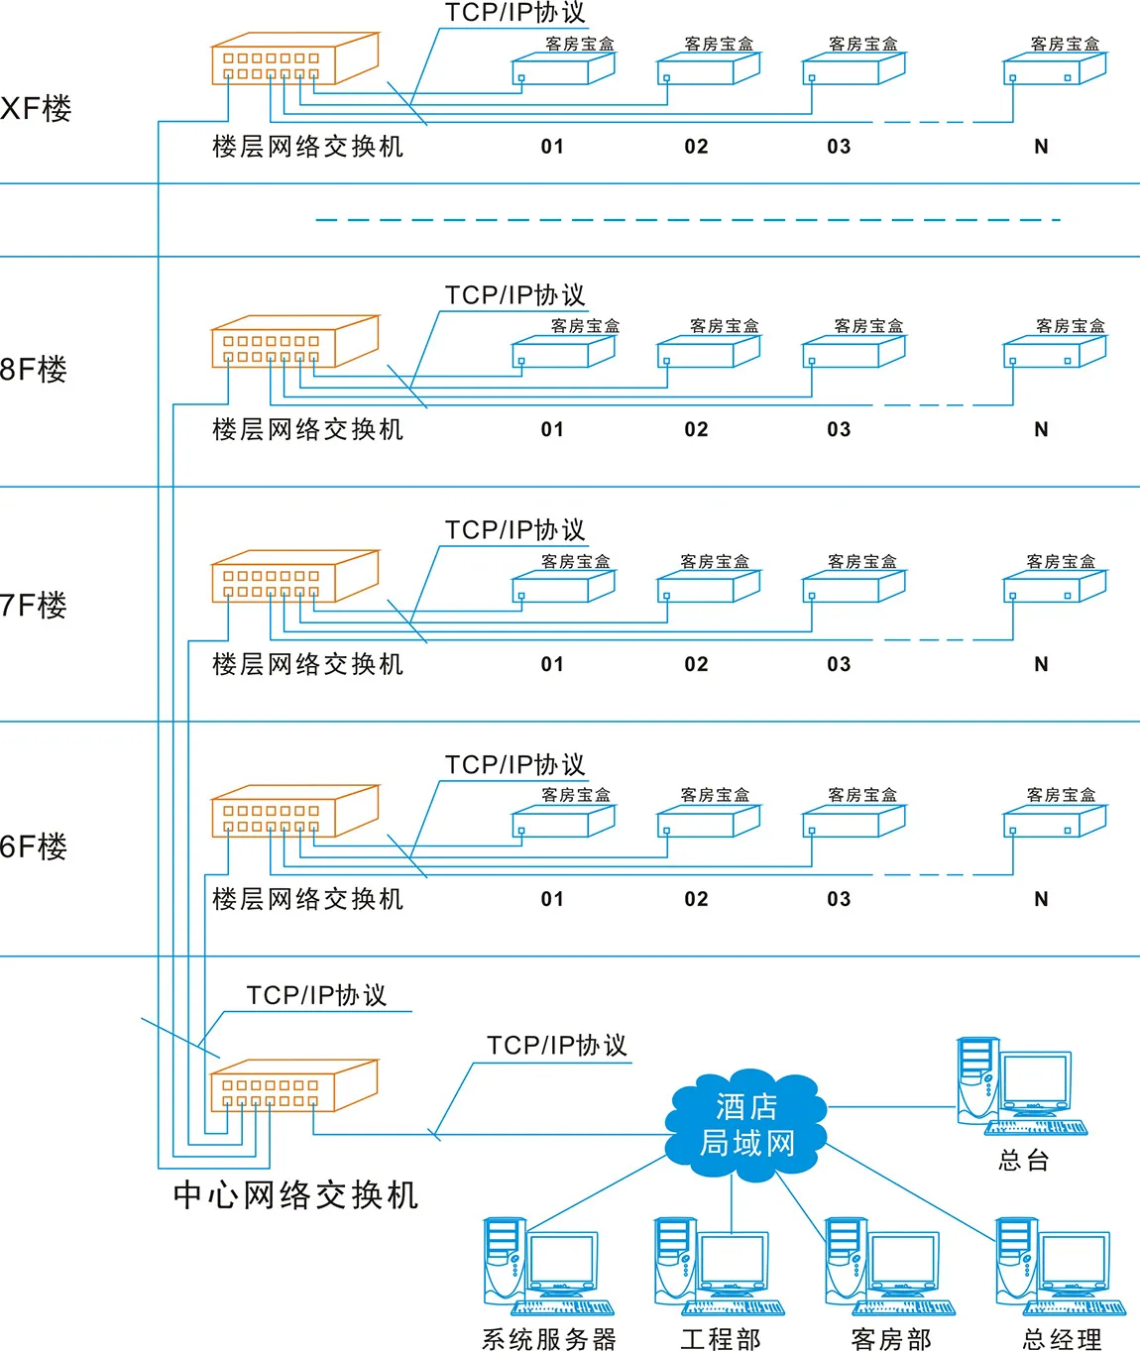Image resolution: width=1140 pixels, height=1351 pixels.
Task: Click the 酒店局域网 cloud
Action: pyautogui.click(x=746, y=1125)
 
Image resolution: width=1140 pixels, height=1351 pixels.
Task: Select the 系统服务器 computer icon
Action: pyautogui.click(x=546, y=1266)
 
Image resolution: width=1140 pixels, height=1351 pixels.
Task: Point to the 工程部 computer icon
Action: pyautogui.click(x=718, y=1266)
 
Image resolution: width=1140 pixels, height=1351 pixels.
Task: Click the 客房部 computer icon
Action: pyautogui.click(x=889, y=1266)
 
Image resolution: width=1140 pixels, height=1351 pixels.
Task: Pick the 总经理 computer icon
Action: pyautogui.click(x=1060, y=1266)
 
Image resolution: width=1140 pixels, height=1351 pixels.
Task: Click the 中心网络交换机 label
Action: pyautogui.click(x=295, y=1195)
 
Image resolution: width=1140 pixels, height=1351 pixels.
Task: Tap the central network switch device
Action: pyautogui.click(x=293, y=1086)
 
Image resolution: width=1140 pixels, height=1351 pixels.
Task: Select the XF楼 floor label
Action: pyautogui.click(x=37, y=108)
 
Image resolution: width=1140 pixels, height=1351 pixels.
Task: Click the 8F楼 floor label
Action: pyautogui.click(x=34, y=370)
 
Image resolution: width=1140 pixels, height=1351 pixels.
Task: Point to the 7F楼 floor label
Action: pyautogui.click(x=34, y=605)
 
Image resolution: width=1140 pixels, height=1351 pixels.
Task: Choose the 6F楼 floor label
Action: pyautogui.click(x=34, y=846)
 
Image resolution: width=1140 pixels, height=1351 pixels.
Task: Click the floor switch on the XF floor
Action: pyautogui.click(x=294, y=59)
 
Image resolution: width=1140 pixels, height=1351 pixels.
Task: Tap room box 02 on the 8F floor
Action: pyautogui.click(x=708, y=352)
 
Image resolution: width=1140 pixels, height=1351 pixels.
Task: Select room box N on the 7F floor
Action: pyautogui.click(x=1054, y=587)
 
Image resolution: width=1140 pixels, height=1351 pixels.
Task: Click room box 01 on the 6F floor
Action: pyautogui.click(x=563, y=822)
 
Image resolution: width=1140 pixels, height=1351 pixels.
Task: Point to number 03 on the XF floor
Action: pyautogui.click(x=839, y=147)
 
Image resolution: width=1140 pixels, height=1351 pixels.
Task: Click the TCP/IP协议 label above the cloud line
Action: pyautogui.click(x=556, y=1046)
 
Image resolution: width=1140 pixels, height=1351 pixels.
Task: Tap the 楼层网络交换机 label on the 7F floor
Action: pyautogui.click(x=307, y=664)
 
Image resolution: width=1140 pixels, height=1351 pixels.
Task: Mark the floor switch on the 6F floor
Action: pyautogui.click(x=294, y=812)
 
